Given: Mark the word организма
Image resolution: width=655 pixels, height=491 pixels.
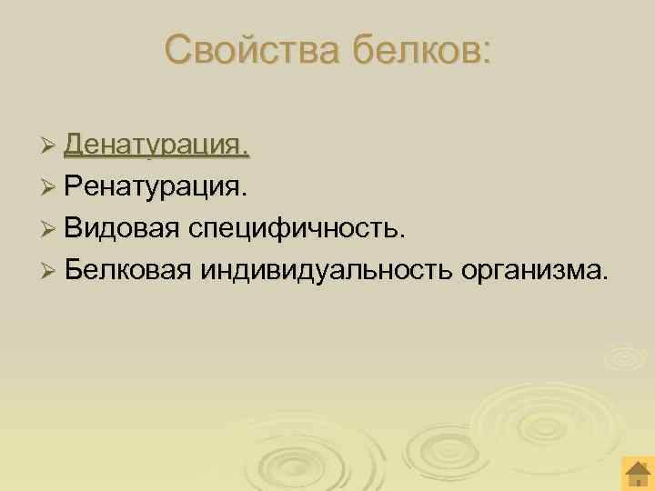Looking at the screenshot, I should (528, 269).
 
